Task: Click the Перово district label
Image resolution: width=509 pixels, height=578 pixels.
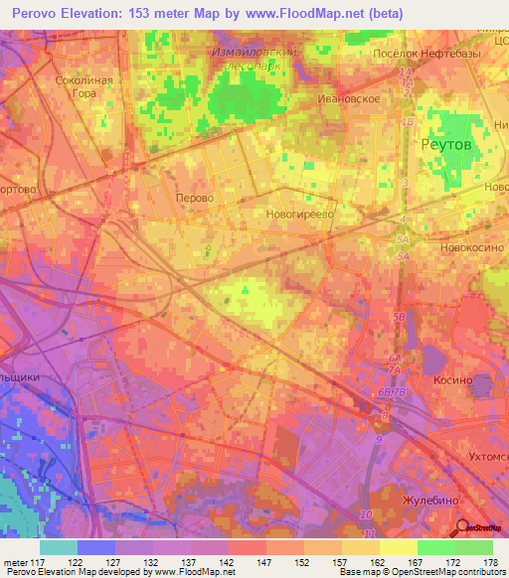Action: coord(194,198)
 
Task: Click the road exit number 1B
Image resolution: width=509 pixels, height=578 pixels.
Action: coord(406,121)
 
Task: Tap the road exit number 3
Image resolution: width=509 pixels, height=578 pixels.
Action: coord(406,184)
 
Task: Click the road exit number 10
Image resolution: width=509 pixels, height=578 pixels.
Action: coord(366,513)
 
